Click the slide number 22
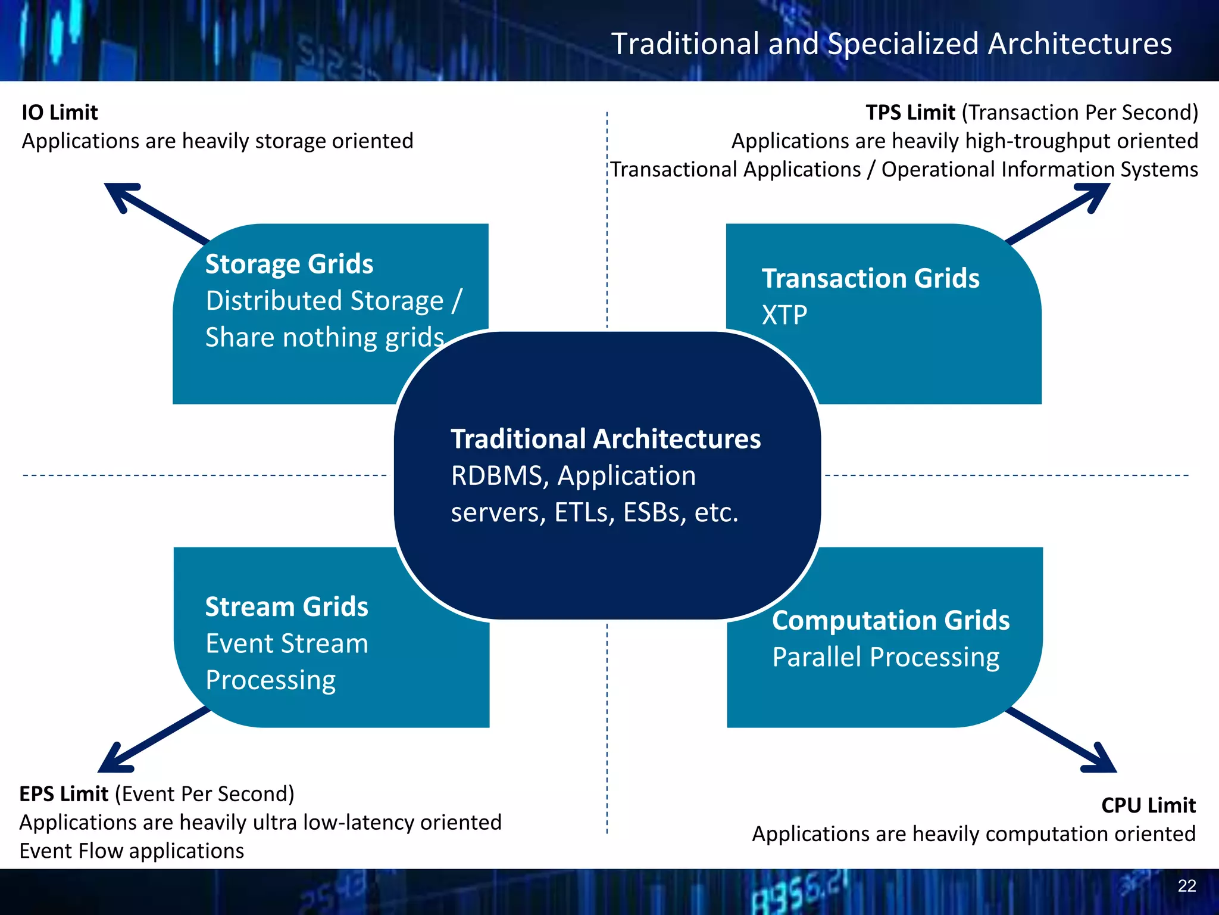[x=1186, y=886]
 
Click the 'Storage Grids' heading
[x=289, y=264]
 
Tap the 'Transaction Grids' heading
[x=870, y=278]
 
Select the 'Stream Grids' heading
[x=286, y=607]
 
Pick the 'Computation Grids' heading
[x=890, y=621]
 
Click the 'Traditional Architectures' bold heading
[x=605, y=439]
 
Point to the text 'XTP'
[x=784, y=315]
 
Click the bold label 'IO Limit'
[x=60, y=113]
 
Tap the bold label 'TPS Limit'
[x=910, y=113]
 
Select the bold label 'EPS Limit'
[x=64, y=794]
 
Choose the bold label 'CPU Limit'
[x=1148, y=805]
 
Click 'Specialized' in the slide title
[x=903, y=44]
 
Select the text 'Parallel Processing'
[x=886, y=657]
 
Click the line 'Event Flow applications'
[x=132, y=851]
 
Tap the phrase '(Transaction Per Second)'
[x=1080, y=113]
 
